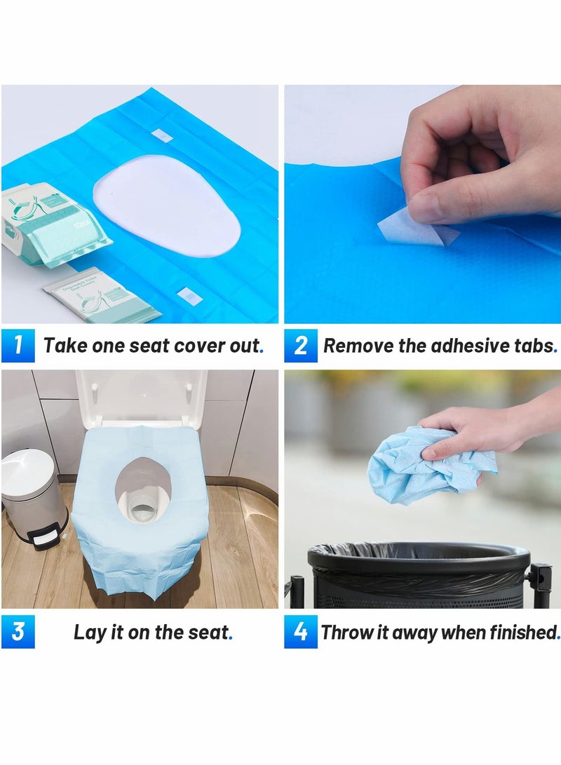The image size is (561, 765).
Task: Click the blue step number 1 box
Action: [18, 345]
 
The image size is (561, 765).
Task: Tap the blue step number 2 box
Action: [301, 345]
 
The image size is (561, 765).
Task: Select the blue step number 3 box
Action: [18, 632]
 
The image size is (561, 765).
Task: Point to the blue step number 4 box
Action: [301, 632]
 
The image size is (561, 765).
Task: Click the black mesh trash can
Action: [417, 575]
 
